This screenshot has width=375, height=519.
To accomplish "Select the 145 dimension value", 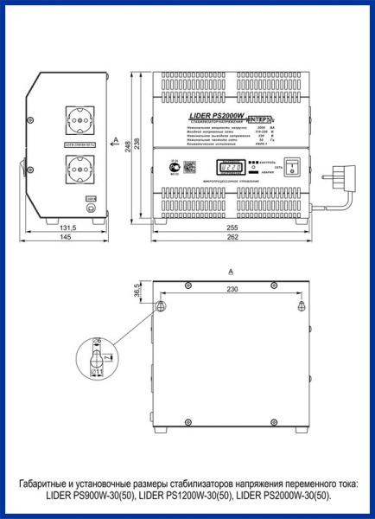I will (67, 238).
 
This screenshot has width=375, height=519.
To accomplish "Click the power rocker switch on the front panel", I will (292, 165).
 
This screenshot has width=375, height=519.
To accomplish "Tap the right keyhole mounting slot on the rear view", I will (301, 307).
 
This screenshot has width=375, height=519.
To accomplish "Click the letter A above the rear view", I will (230, 272).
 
